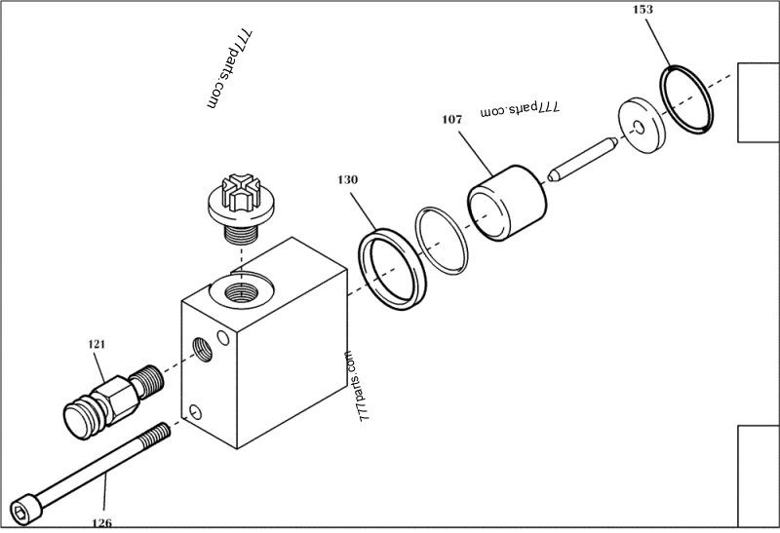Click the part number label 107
(451, 120)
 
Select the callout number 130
(348, 180)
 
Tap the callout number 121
(97, 344)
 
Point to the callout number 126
(101, 523)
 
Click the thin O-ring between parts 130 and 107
(443, 238)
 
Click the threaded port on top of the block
(240, 289)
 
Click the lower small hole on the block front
(198, 410)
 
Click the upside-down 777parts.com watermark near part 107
(521, 111)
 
